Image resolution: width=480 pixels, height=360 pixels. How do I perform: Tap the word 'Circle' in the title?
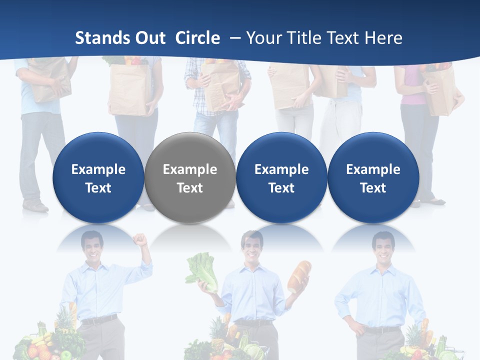[197, 38]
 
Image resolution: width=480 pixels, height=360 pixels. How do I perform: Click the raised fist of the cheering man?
[142, 240]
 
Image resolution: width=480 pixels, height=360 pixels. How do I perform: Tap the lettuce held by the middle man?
[202, 272]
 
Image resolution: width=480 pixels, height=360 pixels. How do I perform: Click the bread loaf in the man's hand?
[299, 276]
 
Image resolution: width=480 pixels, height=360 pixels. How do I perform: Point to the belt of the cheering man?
[99, 319]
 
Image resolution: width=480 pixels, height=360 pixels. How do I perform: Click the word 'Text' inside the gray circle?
[190, 188]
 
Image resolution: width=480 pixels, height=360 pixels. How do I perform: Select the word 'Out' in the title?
[150, 38]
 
